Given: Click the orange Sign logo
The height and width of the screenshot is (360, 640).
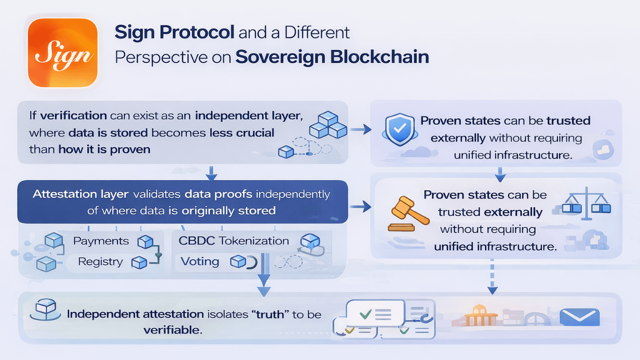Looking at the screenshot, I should [62, 53].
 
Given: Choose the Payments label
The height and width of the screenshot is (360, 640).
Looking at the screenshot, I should [100, 241].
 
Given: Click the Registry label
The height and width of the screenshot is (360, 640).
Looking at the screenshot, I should [100, 261].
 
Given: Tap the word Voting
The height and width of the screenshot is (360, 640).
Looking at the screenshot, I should [199, 261].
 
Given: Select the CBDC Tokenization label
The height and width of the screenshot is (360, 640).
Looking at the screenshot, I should [233, 240].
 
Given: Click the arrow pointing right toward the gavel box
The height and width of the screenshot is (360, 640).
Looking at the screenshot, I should [361, 206].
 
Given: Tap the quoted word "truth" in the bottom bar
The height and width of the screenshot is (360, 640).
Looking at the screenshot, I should [270, 314].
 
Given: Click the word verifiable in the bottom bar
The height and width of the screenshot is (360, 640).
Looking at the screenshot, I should [172, 330].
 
